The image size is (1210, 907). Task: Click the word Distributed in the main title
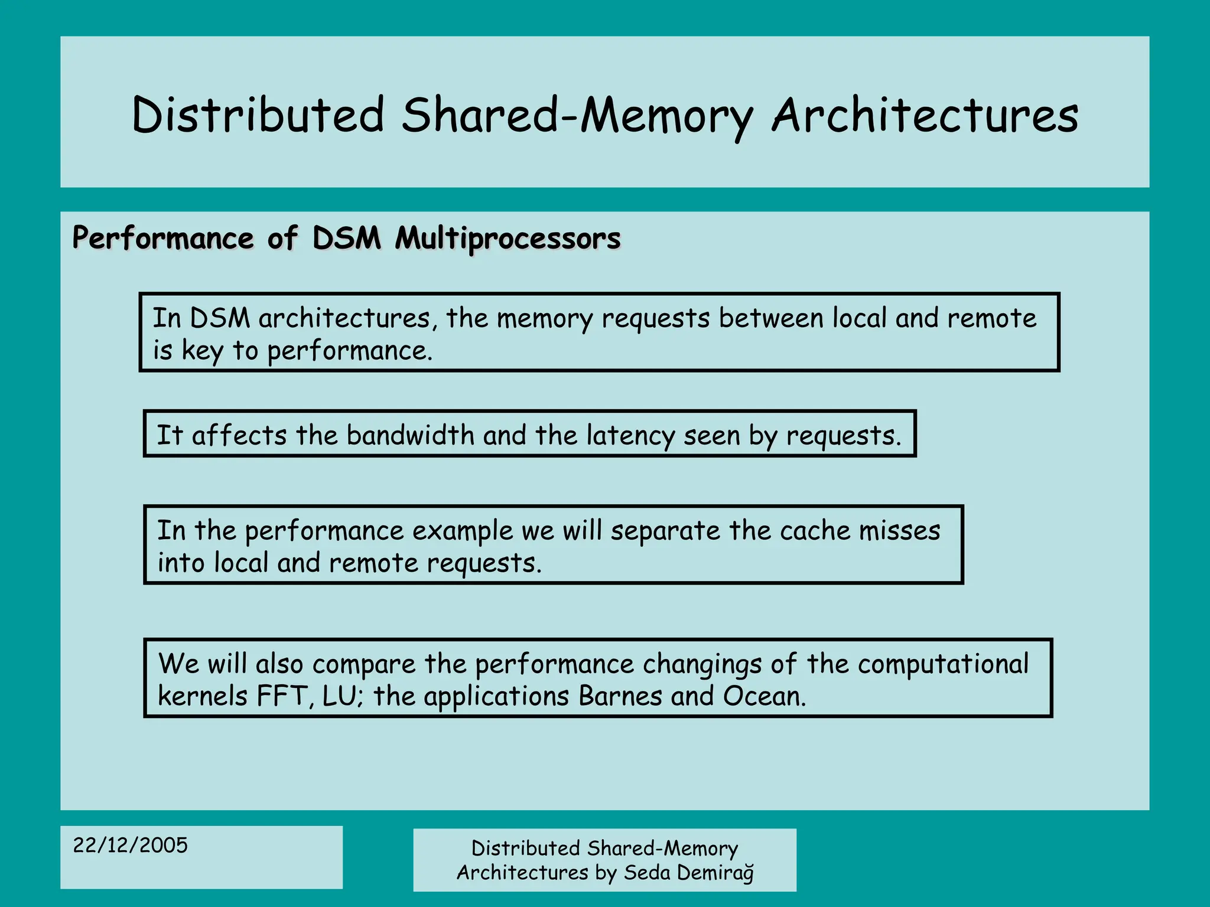(258, 115)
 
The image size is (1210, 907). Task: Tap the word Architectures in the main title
(925, 115)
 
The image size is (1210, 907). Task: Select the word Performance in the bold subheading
(163, 239)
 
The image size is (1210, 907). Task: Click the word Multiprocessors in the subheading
(508, 239)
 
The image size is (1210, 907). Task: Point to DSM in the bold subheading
(347, 239)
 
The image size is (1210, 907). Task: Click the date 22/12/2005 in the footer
(130, 845)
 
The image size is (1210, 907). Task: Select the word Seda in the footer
(647, 872)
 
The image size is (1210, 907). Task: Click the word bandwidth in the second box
(410, 435)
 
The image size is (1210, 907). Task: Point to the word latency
(630, 435)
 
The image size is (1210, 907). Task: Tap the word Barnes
(620, 696)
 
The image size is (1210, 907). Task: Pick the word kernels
(203, 696)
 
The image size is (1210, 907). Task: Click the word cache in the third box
(815, 530)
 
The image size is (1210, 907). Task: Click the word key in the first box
(202, 351)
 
